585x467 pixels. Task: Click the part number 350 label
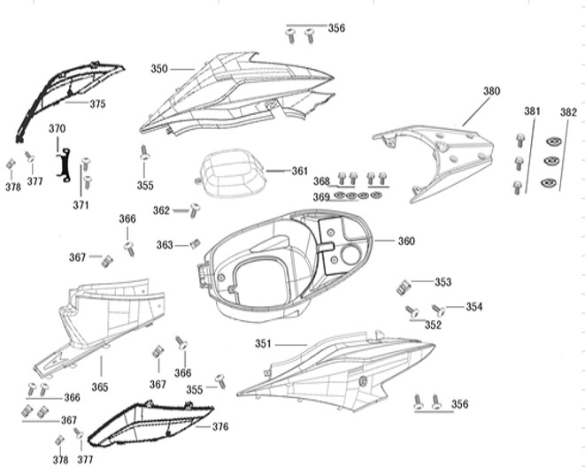click(x=159, y=68)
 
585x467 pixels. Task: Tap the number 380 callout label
click(x=491, y=91)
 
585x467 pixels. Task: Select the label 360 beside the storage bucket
click(x=405, y=241)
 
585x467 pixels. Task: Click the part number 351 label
click(x=264, y=343)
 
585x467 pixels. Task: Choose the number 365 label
click(x=100, y=387)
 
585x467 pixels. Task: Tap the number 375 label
click(x=97, y=103)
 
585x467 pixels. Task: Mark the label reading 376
click(x=219, y=426)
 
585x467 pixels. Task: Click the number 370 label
click(x=57, y=129)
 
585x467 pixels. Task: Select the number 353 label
click(x=443, y=282)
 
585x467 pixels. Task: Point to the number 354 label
click(x=474, y=307)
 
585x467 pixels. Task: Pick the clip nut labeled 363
click(x=196, y=243)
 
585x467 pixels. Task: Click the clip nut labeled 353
click(x=404, y=286)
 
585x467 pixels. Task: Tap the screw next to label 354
click(x=437, y=309)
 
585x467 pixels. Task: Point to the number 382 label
click(x=567, y=112)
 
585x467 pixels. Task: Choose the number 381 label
click(x=531, y=112)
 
